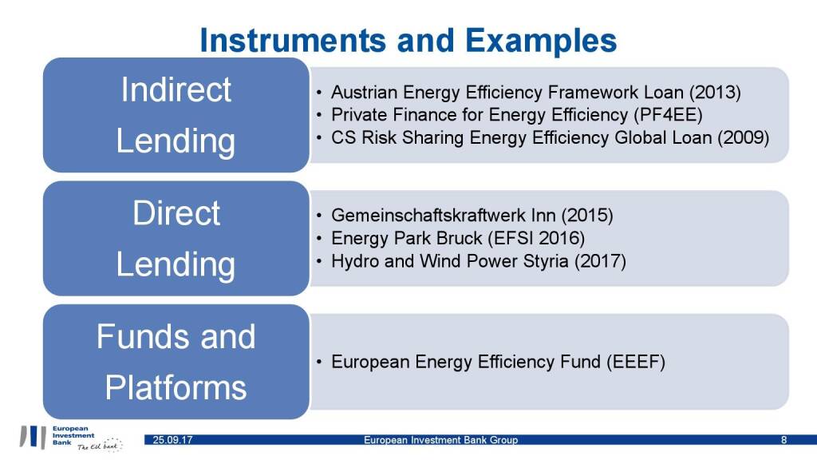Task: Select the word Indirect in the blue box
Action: click(176, 89)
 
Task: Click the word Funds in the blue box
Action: click(144, 336)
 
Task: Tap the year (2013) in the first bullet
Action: click(714, 93)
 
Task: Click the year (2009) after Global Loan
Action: click(743, 137)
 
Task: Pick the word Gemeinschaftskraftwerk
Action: click(428, 215)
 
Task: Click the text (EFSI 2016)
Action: click(537, 238)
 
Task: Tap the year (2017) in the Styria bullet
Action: click(600, 261)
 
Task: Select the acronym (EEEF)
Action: click(636, 362)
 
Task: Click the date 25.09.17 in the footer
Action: click(172, 440)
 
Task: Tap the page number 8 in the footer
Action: click(783, 440)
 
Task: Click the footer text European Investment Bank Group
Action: click(440, 440)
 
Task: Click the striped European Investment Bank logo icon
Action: click(33, 437)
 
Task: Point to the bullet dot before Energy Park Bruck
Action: click(319, 238)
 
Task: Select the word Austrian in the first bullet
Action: click(364, 93)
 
